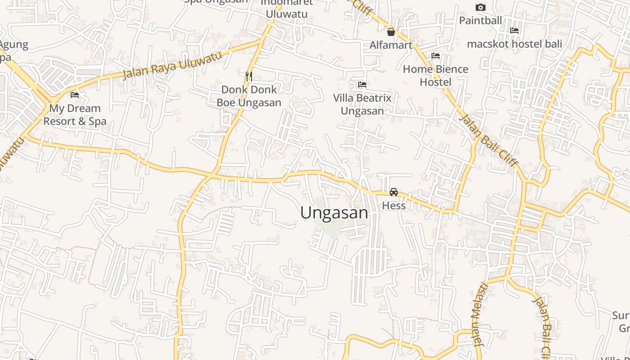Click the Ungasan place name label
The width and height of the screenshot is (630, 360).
pyautogui.click(x=334, y=213)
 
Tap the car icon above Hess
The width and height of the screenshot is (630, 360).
pyautogui.click(x=394, y=192)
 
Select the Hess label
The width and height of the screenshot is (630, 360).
pyautogui.click(x=394, y=206)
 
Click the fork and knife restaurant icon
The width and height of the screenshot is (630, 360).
pyautogui.click(x=248, y=76)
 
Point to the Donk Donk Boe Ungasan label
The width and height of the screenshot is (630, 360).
pyautogui.click(x=249, y=96)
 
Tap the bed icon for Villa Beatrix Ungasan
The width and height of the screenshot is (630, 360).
pyautogui.click(x=362, y=84)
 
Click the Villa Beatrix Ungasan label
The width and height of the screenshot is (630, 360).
pyautogui.click(x=362, y=104)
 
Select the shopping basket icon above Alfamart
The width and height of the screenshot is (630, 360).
pyautogui.click(x=391, y=32)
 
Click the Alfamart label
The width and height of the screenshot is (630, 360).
pyautogui.click(x=391, y=45)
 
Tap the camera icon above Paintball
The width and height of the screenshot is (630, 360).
pyautogui.click(x=481, y=7)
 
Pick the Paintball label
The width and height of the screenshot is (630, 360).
pyautogui.click(x=480, y=20)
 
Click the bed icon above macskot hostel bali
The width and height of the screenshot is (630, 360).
pyautogui.click(x=514, y=31)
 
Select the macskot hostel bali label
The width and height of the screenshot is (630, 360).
pyautogui.click(x=514, y=44)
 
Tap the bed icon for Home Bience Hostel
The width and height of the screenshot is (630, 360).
pyautogui.click(x=436, y=56)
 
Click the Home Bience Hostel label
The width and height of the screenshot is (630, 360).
pyautogui.click(x=435, y=76)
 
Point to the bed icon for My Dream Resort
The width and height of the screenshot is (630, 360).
pyautogui.click(x=75, y=95)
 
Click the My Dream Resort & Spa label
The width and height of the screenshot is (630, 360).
pyautogui.click(x=75, y=115)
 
